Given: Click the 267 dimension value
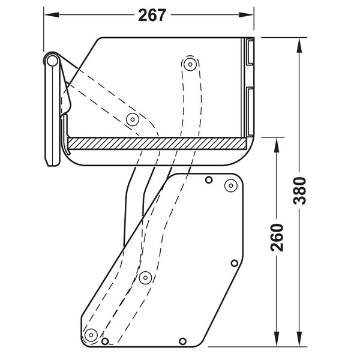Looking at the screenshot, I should [152, 16].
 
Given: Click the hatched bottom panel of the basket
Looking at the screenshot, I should [156, 143].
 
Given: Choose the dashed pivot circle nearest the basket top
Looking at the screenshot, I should [190, 64].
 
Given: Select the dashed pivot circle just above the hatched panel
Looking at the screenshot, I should [131, 119].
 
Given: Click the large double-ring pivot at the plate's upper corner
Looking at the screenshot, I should [230, 185].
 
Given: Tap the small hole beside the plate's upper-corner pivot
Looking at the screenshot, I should [208, 180].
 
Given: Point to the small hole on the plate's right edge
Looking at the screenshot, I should [235, 263].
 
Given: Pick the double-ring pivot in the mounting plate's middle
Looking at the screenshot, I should [145, 277].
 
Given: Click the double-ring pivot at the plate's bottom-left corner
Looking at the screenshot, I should [91, 334].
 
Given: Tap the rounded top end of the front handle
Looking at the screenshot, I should [52, 61].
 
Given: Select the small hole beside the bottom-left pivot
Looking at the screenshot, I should [105, 341].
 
